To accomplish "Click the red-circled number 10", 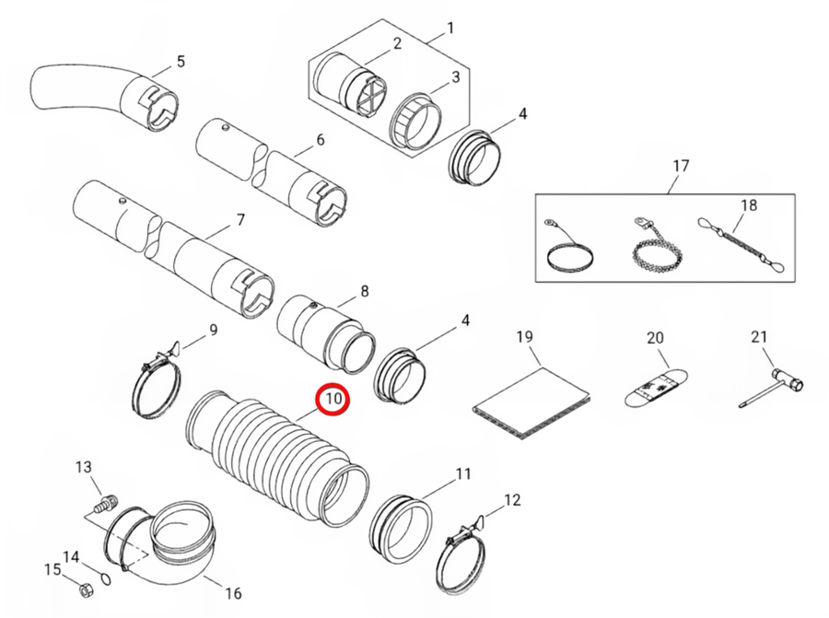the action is tap(333, 398).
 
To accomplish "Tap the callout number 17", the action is tap(681, 166).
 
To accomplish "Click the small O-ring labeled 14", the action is tap(107, 579).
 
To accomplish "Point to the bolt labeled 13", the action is tap(107, 502).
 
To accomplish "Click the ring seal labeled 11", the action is tap(402, 528).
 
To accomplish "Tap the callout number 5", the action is tap(181, 62).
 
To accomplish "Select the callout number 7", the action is tap(240, 220).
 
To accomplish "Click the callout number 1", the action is tap(450, 28).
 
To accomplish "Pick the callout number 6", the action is tap(320, 140).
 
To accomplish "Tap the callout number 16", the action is tap(233, 593).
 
